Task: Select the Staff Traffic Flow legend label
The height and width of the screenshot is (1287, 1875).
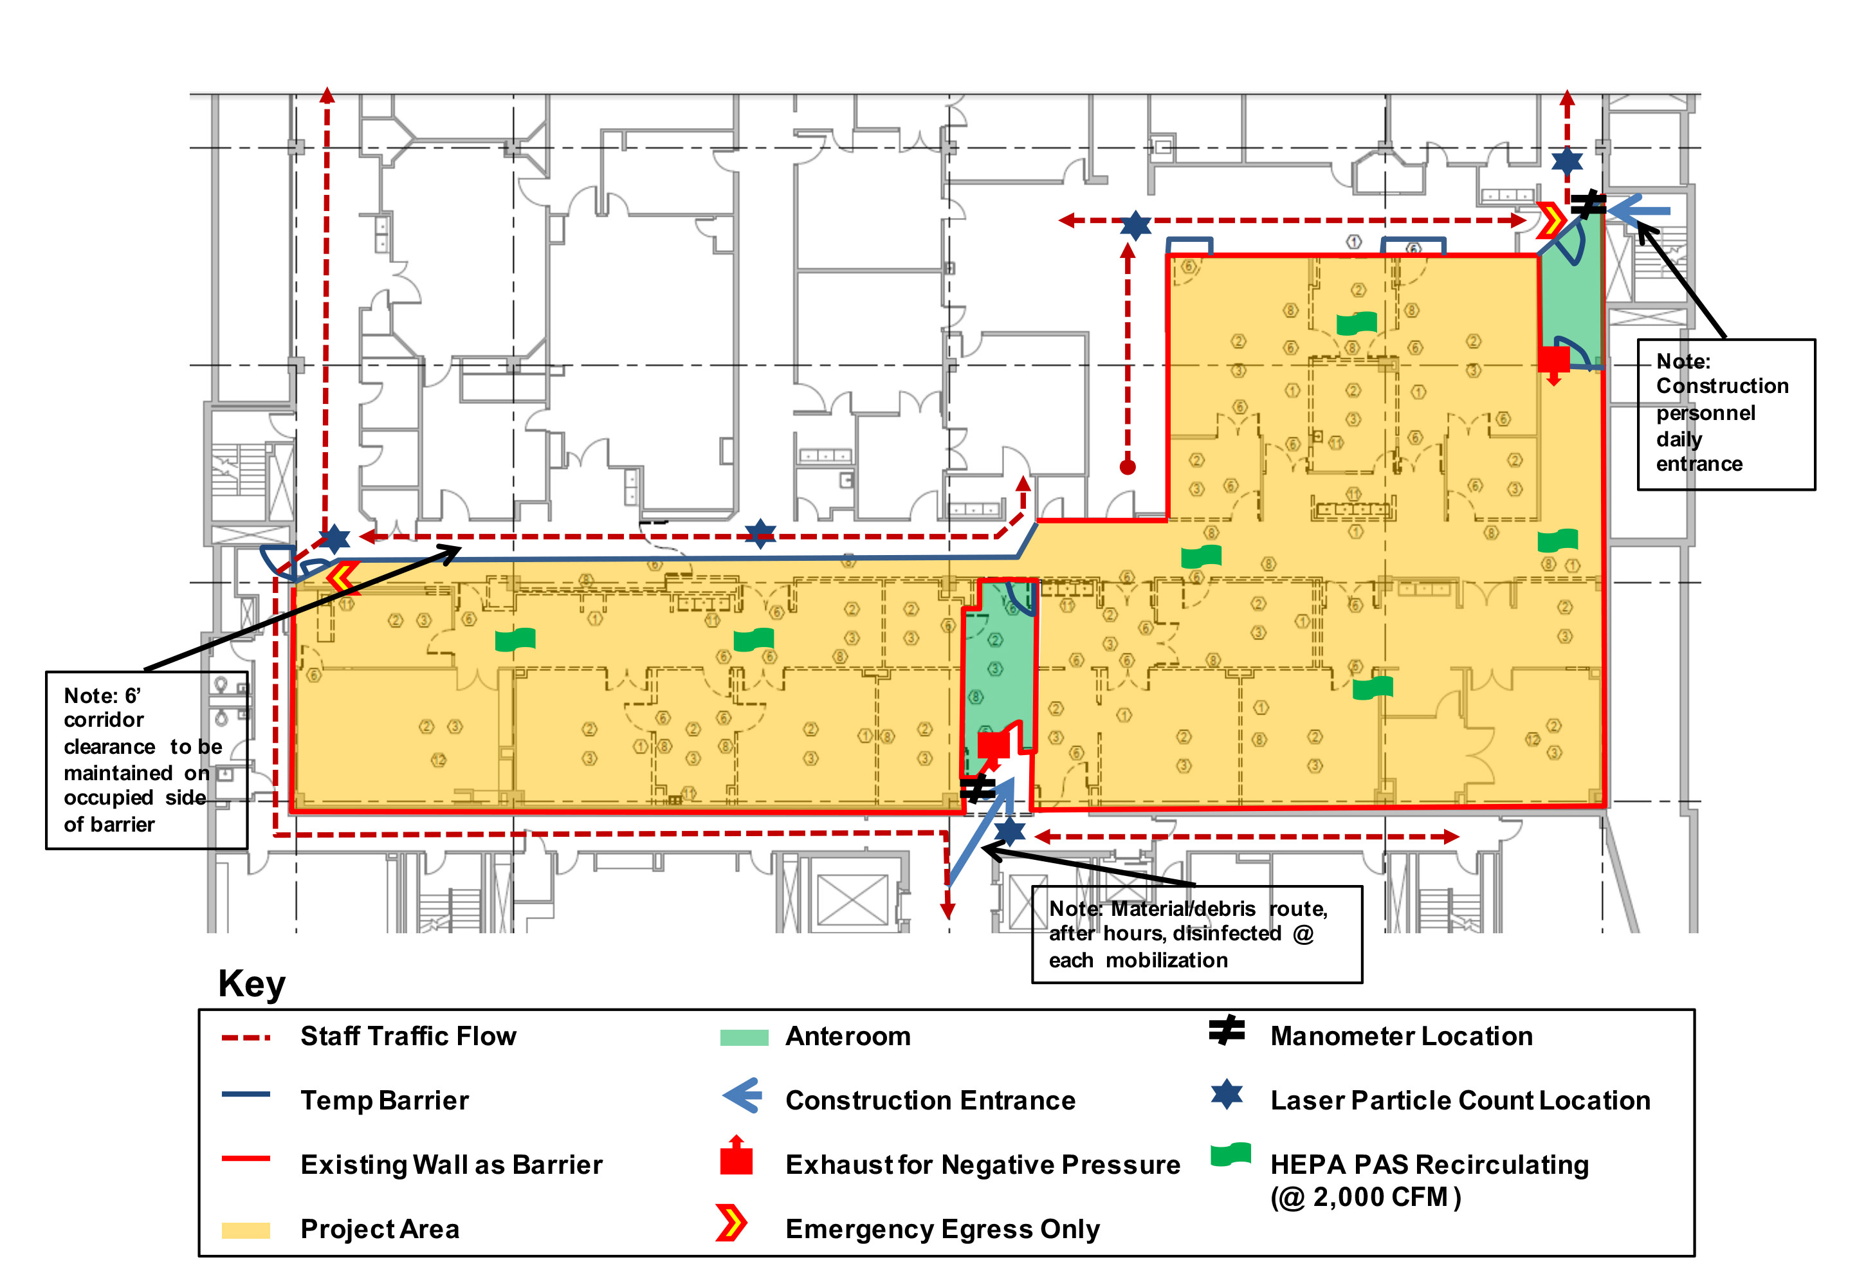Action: point(408,1036)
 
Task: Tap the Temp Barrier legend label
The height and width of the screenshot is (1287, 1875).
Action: point(384,1100)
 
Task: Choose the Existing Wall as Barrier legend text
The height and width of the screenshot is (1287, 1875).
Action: point(451,1165)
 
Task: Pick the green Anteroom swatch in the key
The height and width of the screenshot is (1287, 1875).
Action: point(744,1037)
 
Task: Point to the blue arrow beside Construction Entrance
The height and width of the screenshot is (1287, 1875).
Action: point(742,1097)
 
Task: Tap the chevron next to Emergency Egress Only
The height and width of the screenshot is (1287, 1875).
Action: point(731,1223)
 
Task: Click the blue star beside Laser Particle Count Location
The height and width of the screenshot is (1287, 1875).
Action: point(1227,1095)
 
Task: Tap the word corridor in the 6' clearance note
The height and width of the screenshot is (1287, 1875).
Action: point(104,720)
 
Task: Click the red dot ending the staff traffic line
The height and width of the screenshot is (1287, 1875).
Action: point(1128,467)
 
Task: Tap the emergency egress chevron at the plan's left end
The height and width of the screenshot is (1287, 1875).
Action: point(342,577)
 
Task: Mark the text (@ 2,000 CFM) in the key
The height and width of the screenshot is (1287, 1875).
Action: point(1365,1198)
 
